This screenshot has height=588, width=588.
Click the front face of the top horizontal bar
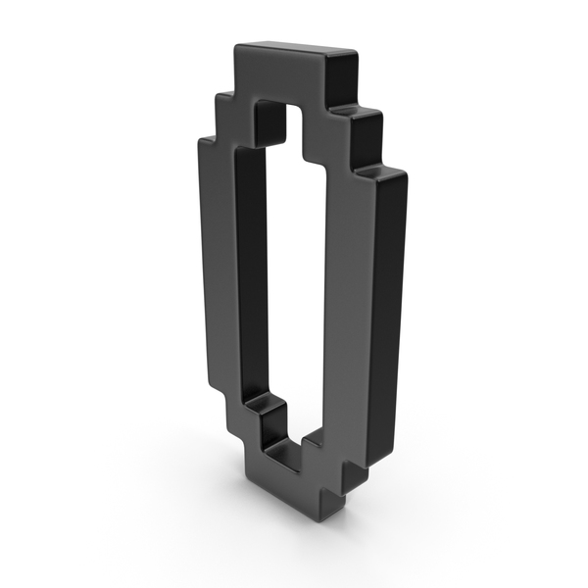point(277,76)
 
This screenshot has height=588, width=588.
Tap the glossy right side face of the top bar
point(342,78)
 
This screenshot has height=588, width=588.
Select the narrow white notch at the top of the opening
point(294,127)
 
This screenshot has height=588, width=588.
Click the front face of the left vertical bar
point(218,263)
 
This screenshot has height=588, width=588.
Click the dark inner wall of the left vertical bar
point(251,270)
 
